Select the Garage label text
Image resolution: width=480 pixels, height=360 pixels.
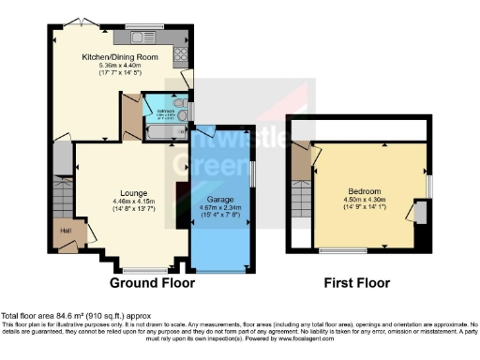pos(219,200)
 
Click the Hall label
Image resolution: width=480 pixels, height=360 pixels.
pos(67,229)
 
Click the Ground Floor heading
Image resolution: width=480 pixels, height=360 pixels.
pos(152,282)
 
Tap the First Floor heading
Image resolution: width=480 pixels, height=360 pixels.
pos(355,282)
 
